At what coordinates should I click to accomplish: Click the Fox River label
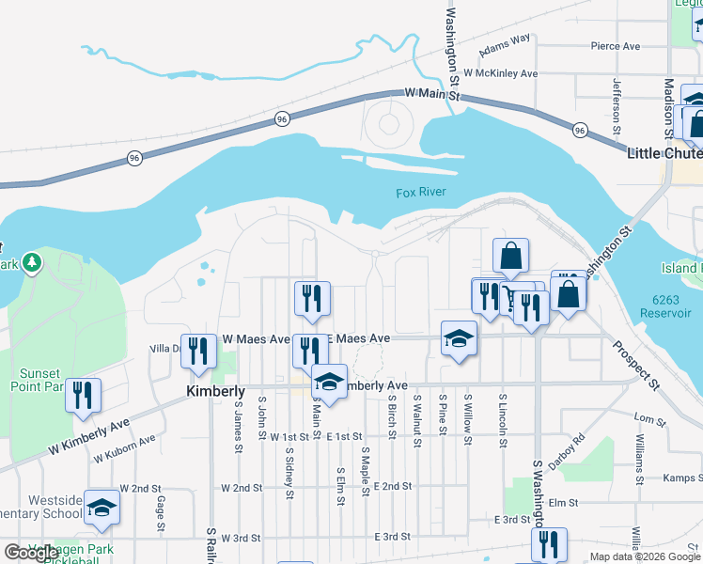coord(420,193)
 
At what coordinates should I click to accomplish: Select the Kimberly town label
coord(215,391)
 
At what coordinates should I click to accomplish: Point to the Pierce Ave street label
coord(615,46)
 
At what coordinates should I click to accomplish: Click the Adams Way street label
coord(505,45)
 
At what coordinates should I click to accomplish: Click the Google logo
coord(31,553)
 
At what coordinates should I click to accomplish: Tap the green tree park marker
coord(32,260)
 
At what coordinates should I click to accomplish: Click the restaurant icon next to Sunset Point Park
coord(84,396)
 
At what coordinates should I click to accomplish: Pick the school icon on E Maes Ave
coord(458,340)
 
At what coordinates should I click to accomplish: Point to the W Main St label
coord(432,94)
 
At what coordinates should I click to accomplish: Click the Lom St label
coord(644,417)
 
